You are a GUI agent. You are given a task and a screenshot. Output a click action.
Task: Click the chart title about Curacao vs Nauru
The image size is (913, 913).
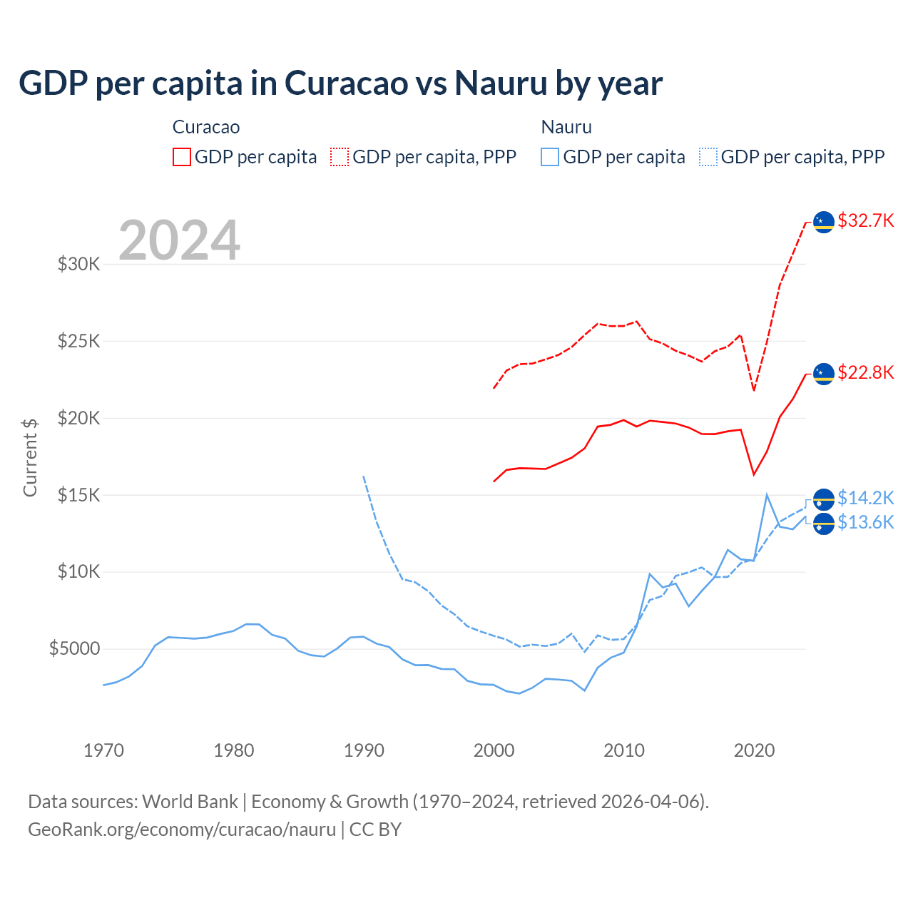click(340, 83)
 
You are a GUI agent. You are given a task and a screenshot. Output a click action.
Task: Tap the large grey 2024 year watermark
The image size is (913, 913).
click(179, 240)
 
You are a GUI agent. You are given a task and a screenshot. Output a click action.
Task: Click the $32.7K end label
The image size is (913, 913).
click(865, 220)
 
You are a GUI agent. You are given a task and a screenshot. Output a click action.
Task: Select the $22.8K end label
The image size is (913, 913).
click(865, 372)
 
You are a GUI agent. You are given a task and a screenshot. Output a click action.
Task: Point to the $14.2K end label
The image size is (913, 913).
click(865, 497)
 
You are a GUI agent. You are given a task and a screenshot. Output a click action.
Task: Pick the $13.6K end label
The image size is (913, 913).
click(865, 522)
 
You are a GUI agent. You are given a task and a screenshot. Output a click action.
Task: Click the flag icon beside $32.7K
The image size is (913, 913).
click(824, 222)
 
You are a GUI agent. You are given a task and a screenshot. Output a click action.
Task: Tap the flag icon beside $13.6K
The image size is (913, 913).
click(824, 524)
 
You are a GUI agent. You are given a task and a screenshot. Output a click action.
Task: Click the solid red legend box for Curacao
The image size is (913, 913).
click(182, 157)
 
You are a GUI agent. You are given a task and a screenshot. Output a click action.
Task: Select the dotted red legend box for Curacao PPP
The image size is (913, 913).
click(340, 157)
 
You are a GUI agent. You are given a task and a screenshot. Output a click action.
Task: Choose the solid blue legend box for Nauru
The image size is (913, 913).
click(550, 157)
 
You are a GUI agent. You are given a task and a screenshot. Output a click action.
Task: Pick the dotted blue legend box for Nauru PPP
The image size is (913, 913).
click(708, 157)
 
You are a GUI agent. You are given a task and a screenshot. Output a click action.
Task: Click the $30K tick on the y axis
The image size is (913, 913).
click(79, 264)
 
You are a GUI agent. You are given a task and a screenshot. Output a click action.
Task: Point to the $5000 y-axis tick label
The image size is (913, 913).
click(74, 648)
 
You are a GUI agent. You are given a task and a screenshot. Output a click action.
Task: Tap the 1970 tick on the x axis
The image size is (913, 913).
click(103, 750)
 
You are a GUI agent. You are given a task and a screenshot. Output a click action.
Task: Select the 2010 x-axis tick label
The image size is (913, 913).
click(624, 750)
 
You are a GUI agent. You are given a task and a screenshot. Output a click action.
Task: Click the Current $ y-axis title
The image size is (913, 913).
click(30, 457)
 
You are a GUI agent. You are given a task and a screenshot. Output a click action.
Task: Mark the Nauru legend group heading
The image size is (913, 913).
click(566, 127)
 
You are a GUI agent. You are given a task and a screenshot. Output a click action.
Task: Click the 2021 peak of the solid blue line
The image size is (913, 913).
click(767, 494)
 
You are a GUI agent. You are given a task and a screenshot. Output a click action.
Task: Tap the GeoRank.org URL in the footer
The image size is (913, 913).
click(182, 830)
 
